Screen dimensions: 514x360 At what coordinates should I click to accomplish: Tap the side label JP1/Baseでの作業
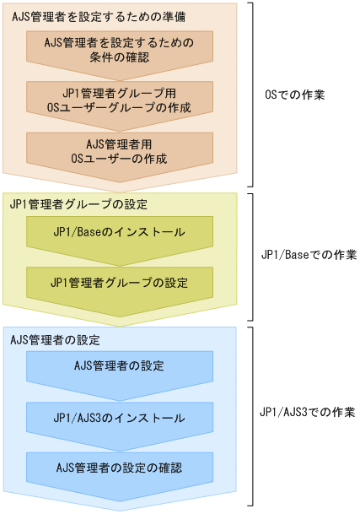(310, 257)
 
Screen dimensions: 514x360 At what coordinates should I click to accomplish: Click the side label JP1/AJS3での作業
(310, 414)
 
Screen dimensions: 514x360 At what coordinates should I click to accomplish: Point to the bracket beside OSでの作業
(250, 95)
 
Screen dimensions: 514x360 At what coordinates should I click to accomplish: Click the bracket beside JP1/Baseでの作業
(250, 257)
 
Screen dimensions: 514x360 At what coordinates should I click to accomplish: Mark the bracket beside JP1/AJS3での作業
(250, 414)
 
